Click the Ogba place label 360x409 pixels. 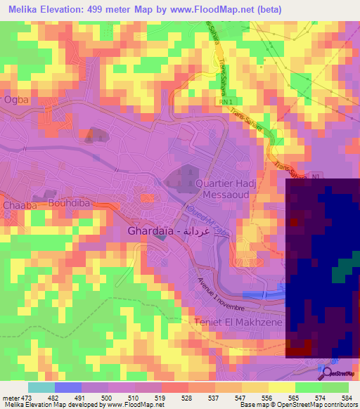pyautogui.click(x=16, y=100)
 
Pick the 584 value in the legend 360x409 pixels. pyautogui.click(x=346, y=397)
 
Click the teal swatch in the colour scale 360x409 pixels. pyautogui.click(x=41, y=387)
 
